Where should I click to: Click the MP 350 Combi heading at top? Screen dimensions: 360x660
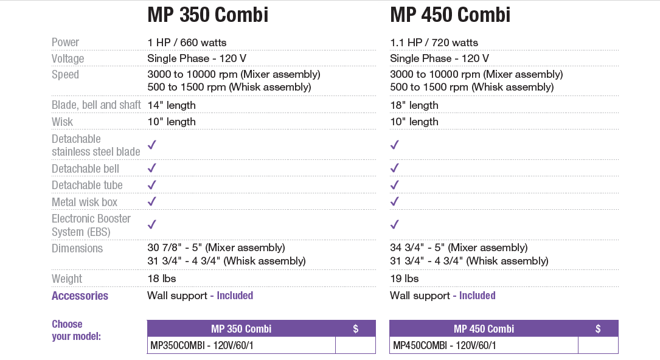point(207,15)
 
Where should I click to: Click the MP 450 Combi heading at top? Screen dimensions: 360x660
point(450,15)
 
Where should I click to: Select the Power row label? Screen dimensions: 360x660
point(65,42)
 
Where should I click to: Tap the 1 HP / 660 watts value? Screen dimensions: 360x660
point(187,43)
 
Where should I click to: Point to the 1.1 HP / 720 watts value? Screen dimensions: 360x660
point(434,43)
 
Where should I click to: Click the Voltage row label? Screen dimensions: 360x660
point(68,58)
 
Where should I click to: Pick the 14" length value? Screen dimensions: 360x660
point(172,105)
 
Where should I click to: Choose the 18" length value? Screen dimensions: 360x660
point(414,105)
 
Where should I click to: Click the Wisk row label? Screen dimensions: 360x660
point(62,122)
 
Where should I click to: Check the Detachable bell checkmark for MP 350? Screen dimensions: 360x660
point(152,168)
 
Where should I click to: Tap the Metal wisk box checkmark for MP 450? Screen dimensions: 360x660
point(395,201)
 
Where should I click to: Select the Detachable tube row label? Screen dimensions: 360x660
point(87,185)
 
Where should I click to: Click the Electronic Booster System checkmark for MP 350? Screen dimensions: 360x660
point(152,224)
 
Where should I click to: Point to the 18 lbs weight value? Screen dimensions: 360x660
point(162,279)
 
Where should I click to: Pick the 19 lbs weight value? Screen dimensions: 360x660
point(405,279)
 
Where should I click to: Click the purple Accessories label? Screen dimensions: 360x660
point(80,296)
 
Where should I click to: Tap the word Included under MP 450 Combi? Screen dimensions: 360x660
point(477,296)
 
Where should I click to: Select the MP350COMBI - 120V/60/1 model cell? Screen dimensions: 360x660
point(201,345)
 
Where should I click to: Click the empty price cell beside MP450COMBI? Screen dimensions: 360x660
point(597,345)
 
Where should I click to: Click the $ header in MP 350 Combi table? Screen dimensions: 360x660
point(355,328)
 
